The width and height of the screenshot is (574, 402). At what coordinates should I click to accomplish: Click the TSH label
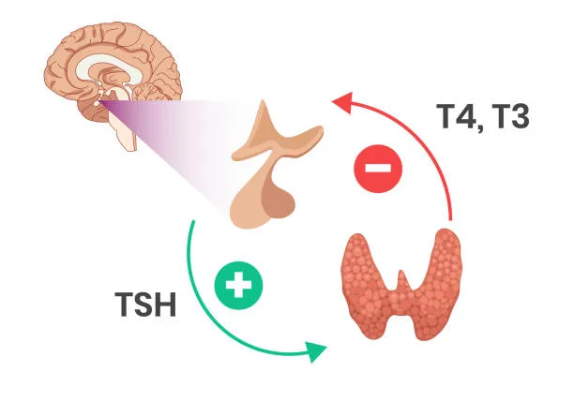145,304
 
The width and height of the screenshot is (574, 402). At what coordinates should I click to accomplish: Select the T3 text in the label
509,116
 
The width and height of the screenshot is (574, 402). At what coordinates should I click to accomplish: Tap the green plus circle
238,285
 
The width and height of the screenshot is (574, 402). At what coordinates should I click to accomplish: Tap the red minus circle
378,169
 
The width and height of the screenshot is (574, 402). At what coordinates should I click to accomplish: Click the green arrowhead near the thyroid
315,351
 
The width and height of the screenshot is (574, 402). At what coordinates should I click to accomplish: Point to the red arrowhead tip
331,100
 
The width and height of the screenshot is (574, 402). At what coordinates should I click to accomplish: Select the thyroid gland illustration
401,284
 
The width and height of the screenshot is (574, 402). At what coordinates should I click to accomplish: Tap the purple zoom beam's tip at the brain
98,101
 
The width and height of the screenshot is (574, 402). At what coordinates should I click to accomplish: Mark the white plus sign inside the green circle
238,285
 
